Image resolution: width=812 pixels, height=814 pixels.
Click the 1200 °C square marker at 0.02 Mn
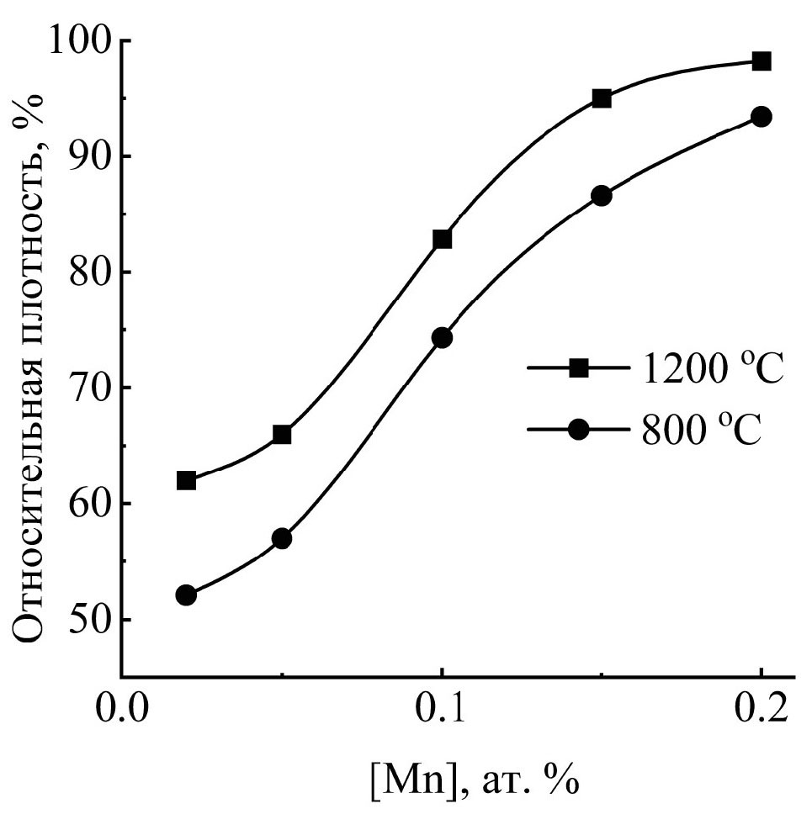click(186, 480)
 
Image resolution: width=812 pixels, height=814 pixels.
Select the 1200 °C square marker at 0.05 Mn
click(282, 434)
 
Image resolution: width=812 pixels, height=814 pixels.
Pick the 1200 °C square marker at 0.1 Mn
click(442, 239)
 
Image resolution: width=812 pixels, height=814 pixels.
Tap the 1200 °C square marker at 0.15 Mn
click(602, 98)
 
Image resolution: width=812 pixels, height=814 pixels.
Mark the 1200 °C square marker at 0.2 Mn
click(762, 61)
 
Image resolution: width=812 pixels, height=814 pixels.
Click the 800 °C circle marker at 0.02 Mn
click(186, 595)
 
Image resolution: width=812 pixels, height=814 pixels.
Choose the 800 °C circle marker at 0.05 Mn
click(282, 538)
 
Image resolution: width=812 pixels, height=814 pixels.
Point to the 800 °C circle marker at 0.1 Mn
click(442, 337)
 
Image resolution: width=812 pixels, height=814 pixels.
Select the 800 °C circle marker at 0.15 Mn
click(602, 196)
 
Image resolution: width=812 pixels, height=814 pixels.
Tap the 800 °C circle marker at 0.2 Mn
click(762, 117)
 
